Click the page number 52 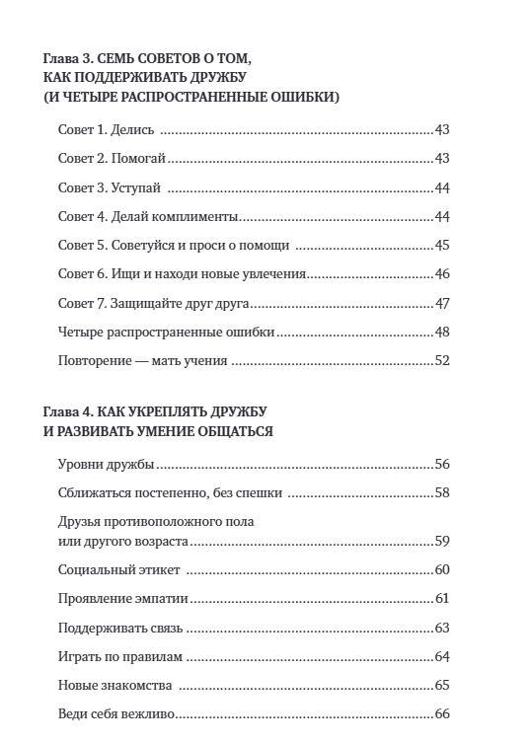(x=441, y=361)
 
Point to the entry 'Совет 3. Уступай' (x=109, y=187)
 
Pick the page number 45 (x=441, y=246)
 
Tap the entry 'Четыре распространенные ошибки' (x=166, y=333)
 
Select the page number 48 (x=441, y=333)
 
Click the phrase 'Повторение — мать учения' (x=144, y=361)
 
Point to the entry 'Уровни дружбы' (x=108, y=464)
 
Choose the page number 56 (x=441, y=464)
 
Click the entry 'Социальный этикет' (x=119, y=569)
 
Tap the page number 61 (x=441, y=598)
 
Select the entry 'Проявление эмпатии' (x=123, y=598)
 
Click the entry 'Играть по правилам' (x=122, y=656)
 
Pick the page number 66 (x=441, y=713)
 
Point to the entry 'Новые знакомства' (x=115, y=685)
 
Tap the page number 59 (x=441, y=541)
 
